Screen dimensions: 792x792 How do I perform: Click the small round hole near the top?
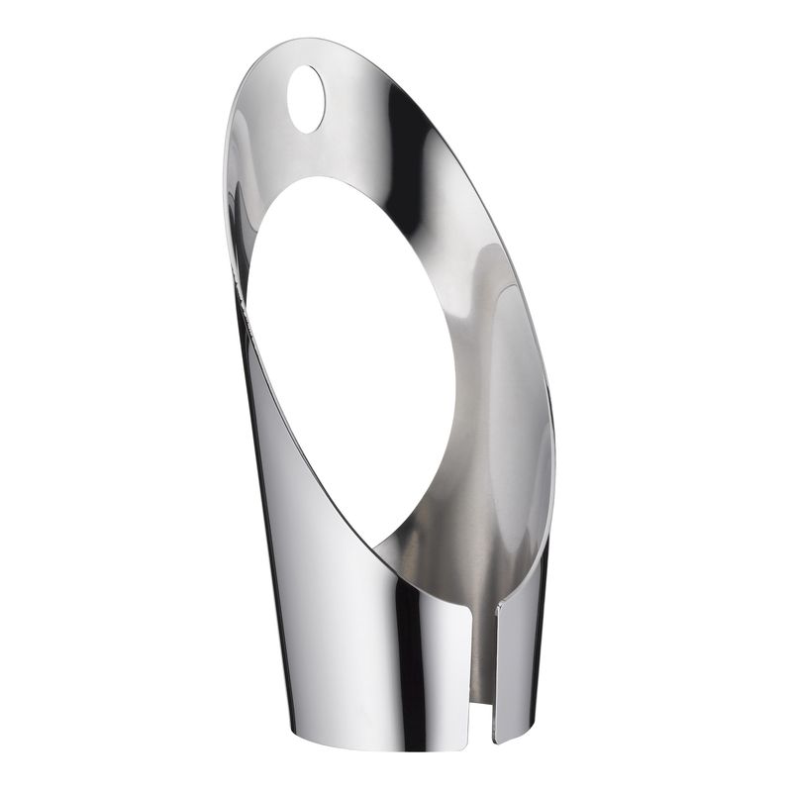tap(304, 99)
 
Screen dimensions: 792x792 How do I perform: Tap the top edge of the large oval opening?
tap(317, 178)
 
